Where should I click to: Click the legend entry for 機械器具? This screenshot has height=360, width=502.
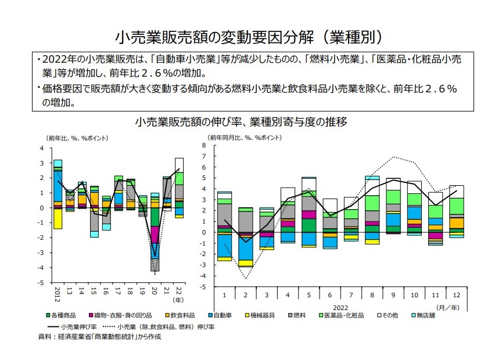point(268,315)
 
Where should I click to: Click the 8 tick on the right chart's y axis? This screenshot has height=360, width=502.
point(205,146)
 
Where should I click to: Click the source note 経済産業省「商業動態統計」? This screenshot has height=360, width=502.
point(105,337)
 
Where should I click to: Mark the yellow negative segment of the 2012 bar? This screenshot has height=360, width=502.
point(58,218)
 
